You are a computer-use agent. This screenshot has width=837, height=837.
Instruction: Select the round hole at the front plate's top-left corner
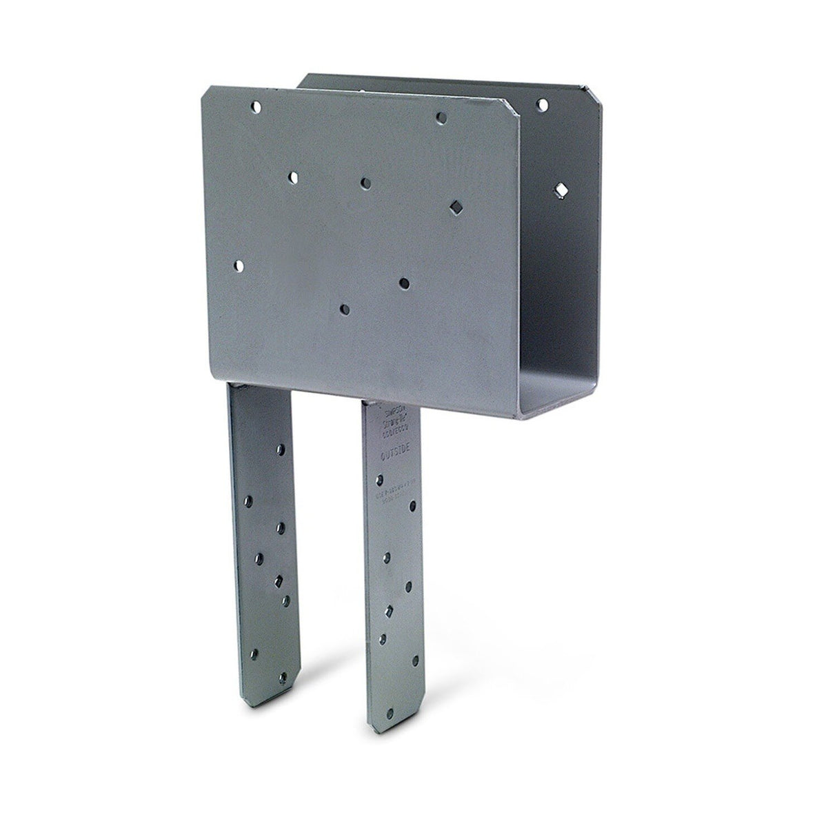[x=256, y=108]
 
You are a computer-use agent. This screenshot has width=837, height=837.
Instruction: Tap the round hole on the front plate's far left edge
[x=239, y=265]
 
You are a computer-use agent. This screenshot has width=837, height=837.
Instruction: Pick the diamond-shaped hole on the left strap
[x=279, y=580]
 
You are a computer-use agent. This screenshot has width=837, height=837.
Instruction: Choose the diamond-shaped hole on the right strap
[x=390, y=611]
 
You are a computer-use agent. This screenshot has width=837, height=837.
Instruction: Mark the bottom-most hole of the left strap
[x=280, y=678]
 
